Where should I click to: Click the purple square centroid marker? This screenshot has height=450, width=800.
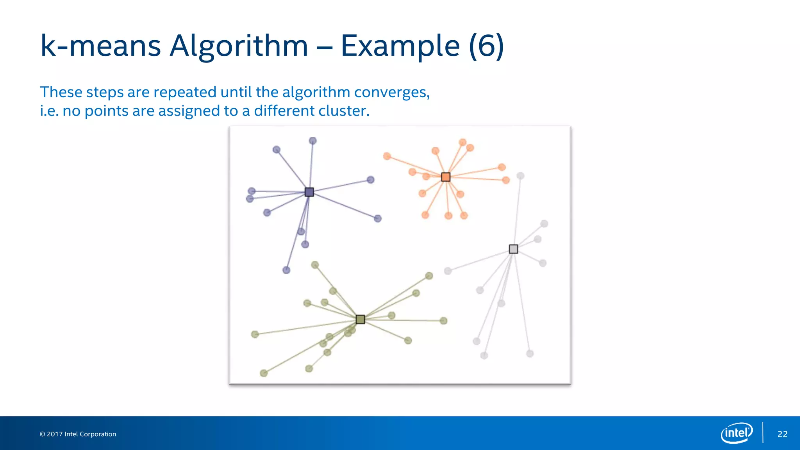tap(309, 192)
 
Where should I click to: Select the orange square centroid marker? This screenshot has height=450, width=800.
tap(445, 177)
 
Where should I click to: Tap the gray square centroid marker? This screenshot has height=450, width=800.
tap(513, 249)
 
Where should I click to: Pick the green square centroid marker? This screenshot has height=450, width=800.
tap(360, 320)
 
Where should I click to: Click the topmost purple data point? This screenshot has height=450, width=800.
tap(312, 141)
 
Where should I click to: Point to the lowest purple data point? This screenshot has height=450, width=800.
tap(286, 270)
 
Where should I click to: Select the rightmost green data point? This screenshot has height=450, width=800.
tap(443, 321)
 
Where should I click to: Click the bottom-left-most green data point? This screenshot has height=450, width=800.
tap(264, 373)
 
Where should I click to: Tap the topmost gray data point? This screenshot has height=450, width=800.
tap(520, 176)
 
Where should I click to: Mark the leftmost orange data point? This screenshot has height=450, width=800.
tap(387, 156)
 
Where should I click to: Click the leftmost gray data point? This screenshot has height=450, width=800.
tap(448, 271)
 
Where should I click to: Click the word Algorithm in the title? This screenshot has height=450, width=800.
tap(239, 46)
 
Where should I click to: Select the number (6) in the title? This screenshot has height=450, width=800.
tap(486, 46)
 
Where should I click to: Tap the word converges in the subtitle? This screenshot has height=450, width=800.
tap(391, 93)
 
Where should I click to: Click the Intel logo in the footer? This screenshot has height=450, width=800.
tap(736, 433)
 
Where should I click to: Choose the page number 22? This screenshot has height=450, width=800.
tap(782, 434)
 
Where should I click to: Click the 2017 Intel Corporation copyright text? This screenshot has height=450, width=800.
tap(78, 434)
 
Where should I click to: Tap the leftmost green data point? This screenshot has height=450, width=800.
tap(255, 334)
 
